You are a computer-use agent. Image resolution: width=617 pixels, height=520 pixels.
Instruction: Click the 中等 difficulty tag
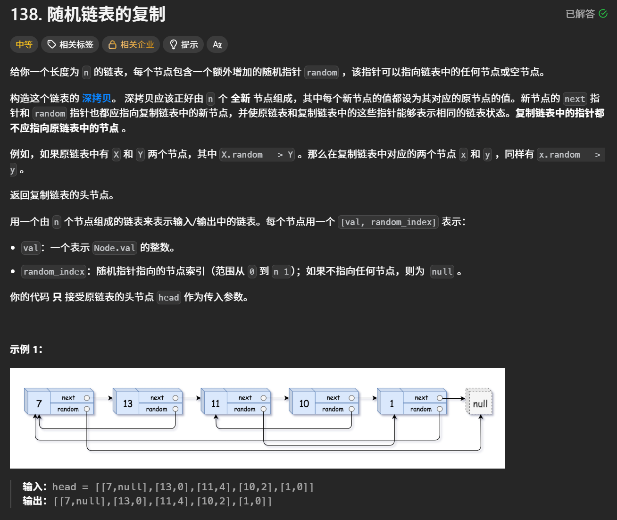[24, 44]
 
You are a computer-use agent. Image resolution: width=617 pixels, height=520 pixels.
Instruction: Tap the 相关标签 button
[70, 44]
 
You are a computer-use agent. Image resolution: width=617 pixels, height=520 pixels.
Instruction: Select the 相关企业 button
[131, 44]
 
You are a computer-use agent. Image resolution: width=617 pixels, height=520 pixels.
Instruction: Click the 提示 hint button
[183, 44]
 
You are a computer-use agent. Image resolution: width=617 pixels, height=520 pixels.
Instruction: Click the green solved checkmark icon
[603, 14]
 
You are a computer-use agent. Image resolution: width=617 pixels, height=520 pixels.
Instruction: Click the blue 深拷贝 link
[97, 98]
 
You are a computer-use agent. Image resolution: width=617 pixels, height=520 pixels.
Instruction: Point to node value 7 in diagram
[39, 404]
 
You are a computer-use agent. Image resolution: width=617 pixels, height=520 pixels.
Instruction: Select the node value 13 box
[128, 404]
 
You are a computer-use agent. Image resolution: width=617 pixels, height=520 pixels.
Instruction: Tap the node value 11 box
[216, 404]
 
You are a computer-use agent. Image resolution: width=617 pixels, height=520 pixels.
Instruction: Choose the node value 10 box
[304, 404]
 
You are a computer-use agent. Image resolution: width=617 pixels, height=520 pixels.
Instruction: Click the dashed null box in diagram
[480, 403]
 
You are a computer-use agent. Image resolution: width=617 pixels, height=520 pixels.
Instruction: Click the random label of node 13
[157, 409]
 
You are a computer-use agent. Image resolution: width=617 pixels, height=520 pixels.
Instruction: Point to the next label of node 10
[333, 398]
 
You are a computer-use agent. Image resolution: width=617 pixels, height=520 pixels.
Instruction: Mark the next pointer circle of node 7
[87, 398]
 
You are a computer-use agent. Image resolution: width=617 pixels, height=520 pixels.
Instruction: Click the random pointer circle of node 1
[440, 409]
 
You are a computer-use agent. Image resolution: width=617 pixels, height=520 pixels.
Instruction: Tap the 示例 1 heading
[26, 349]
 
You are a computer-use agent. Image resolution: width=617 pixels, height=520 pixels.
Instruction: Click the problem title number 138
[26, 14]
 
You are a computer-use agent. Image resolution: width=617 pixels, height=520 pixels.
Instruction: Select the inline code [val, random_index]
[388, 222]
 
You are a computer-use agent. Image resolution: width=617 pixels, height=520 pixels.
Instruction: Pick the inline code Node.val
[115, 248]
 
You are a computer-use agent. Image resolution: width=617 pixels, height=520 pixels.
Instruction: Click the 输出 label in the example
[34, 501]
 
